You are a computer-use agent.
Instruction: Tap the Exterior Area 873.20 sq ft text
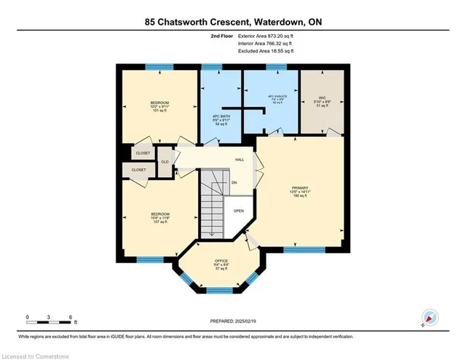coord(266,36)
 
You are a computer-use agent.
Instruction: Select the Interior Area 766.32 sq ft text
coord(266,44)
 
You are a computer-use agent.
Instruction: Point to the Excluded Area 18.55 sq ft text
coord(266,52)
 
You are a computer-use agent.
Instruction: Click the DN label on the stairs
coord(234,183)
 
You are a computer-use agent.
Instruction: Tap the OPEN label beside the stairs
coord(238,211)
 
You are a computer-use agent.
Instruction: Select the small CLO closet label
coord(165,161)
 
